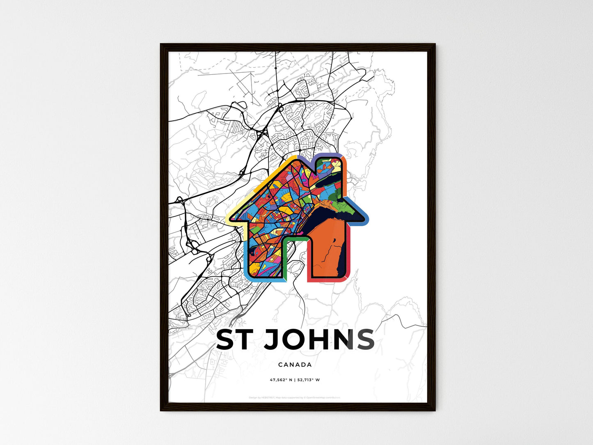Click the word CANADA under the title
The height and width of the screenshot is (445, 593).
295,365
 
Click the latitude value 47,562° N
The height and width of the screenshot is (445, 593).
281,380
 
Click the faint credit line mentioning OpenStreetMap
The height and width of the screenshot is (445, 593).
294,397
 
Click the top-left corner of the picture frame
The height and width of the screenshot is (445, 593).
161,45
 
